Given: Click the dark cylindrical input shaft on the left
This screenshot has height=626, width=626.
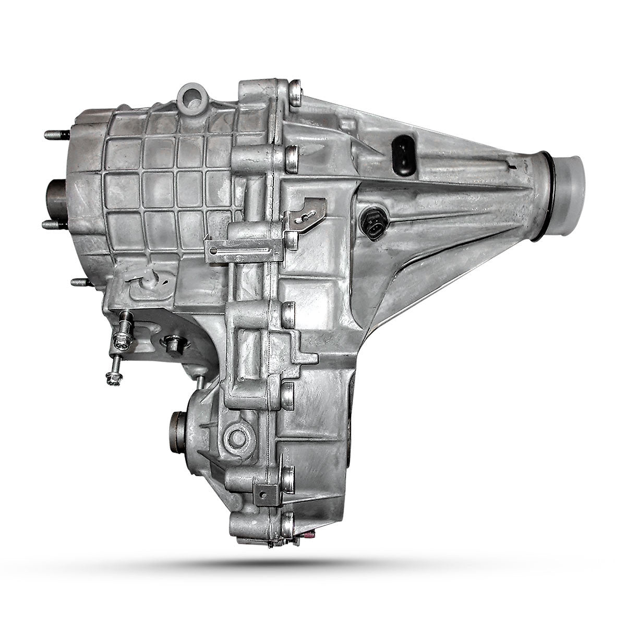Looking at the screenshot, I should coord(57,200).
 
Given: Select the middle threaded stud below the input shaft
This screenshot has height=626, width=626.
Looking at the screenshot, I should coord(54,224).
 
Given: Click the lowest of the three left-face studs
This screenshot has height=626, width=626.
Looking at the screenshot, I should coord(80,282).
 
